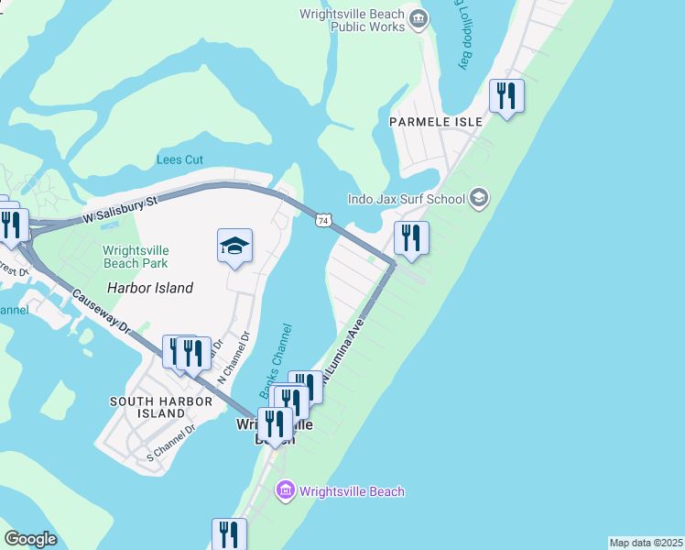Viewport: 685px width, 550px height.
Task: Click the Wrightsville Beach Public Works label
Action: (x=353, y=20)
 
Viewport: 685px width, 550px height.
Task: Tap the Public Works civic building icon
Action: (x=419, y=17)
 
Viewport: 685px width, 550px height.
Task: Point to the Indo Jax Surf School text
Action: (x=406, y=199)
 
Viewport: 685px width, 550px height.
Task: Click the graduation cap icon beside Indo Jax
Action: (x=479, y=197)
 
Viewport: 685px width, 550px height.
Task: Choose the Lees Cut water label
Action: (x=179, y=159)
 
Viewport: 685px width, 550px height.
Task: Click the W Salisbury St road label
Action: (x=120, y=208)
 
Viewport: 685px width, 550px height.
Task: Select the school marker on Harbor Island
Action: (x=235, y=247)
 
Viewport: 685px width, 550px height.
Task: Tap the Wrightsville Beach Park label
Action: (x=136, y=256)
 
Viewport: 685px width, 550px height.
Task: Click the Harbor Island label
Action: (x=150, y=288)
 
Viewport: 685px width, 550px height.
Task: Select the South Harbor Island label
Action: (x=148, y=407)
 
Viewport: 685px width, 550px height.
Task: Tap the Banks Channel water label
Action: (x=276, y=360)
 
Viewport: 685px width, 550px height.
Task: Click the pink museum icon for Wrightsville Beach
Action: (x=284, y=491)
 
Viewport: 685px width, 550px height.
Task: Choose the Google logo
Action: (x=30, y=539)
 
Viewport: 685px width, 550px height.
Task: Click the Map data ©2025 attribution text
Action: (x=646, y=543)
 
